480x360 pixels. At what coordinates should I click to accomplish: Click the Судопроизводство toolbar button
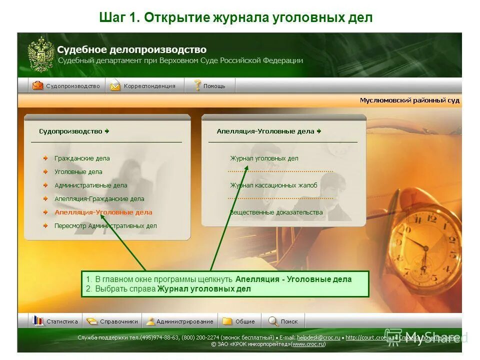pos(67,86)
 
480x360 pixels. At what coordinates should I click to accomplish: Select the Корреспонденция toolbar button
pos(145,86)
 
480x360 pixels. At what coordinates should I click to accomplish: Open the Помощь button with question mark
pos(210,86)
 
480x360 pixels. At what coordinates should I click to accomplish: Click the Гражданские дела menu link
pos(82,158)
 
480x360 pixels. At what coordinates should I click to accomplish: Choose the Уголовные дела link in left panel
pos(78,172)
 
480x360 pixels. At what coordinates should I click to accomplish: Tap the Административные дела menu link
pos(90,185)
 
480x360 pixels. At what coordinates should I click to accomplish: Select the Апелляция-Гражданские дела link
pos(99,199)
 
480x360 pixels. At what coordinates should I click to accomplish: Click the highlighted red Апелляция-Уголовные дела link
pos(103,212)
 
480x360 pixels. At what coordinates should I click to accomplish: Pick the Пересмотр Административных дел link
pos(105,226)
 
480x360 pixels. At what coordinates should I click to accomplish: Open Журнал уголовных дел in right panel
pos(264,158)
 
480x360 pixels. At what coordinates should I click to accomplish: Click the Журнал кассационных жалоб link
pos(273,185)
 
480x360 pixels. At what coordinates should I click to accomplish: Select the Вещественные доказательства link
pos(276,212)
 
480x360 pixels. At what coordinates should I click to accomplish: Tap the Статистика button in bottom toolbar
pos(56,321)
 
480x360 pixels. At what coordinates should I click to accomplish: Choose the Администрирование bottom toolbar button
pos(179,321)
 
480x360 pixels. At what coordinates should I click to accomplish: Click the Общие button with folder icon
pos(239,321)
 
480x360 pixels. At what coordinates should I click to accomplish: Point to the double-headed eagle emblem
pos(40,54)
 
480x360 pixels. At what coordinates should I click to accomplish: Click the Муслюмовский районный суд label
pos(409,100)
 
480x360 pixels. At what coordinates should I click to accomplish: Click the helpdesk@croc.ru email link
pos(318,337)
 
